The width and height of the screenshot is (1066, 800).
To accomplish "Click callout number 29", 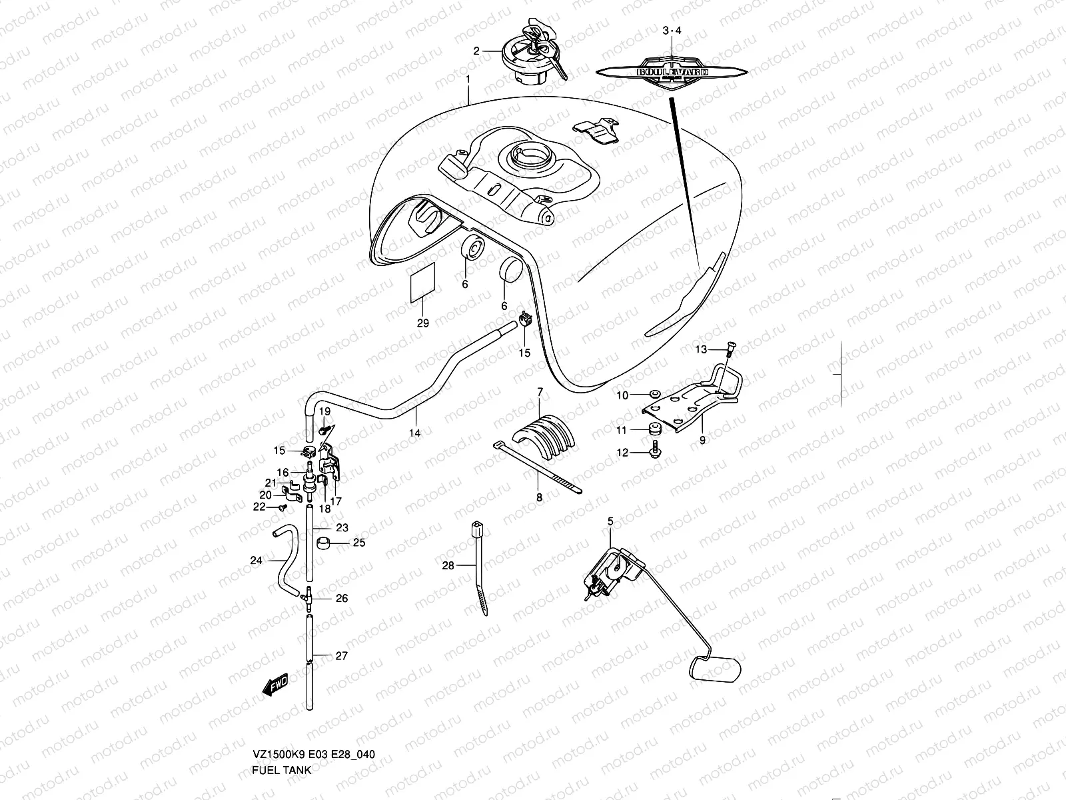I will [422, 323].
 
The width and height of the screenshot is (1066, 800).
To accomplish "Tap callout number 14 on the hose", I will [414, 433].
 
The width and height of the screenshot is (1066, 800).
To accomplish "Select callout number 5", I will [610, 521].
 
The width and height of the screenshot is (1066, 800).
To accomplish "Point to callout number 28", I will [448, 565].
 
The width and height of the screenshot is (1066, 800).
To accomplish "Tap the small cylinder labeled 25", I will [323, 543].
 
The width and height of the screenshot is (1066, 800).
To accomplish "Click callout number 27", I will [341, 656].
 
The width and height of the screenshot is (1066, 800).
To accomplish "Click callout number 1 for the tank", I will [468, 79].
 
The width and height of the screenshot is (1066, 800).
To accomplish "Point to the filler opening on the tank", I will [528, 157].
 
